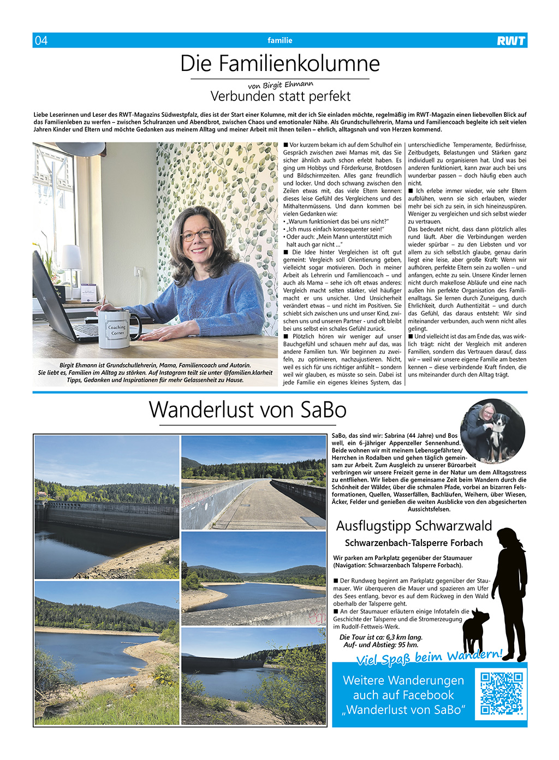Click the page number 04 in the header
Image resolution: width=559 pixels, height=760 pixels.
[41, 40]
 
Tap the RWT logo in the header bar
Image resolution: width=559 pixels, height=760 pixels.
[511, 40]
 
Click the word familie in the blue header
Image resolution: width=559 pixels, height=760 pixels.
[279, 40]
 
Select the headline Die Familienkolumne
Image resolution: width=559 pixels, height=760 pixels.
[279, 64]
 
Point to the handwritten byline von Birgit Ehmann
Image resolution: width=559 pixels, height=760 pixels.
[281, 85]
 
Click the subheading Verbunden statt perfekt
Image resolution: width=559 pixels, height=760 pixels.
[280, 97]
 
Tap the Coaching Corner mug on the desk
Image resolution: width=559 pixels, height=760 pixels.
[116, 329]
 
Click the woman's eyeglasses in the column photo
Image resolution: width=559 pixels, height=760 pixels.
[197, 235]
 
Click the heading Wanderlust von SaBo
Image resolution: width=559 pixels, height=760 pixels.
[247, 409]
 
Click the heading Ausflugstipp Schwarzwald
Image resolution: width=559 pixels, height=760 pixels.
[414, 526]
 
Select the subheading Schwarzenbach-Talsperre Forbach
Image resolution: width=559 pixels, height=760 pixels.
[414, 543]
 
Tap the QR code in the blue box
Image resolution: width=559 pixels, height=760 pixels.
[501, 693]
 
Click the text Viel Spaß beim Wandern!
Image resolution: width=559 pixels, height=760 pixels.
[429, 657]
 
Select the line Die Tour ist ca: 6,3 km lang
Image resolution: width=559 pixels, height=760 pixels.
[381, 637]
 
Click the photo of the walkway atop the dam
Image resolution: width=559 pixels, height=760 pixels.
[253, 482]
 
